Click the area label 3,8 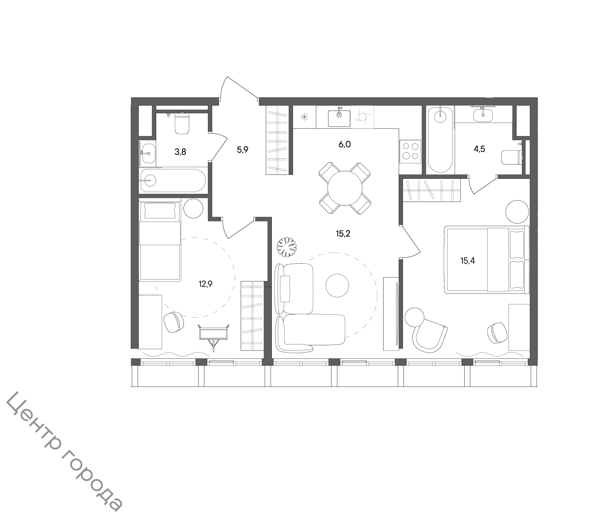click(x=180, y=152)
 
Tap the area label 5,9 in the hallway click(x=242, y=150)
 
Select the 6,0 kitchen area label click(x=345, y=145)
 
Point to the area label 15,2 click(x=343, y=234)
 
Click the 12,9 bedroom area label click(x=205, y=284)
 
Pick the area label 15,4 click(x=468, y=261)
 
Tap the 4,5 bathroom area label click(x=479, y=149)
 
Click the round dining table click(x=345, y=188)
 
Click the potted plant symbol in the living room click(x=287, y=247)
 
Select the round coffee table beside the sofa click(x=337, y=285)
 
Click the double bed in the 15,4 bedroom click(x=487, y=259)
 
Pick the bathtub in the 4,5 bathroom click(x=440, y=140)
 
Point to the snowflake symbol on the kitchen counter click(x=304, y=117)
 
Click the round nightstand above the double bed click(x=517, y=212)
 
